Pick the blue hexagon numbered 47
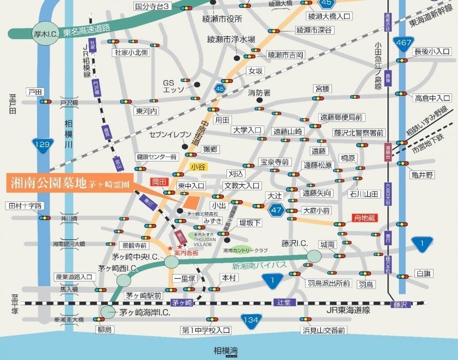275,210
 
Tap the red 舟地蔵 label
363,217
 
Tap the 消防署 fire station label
259,92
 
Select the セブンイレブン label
170,134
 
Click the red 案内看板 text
186,253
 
